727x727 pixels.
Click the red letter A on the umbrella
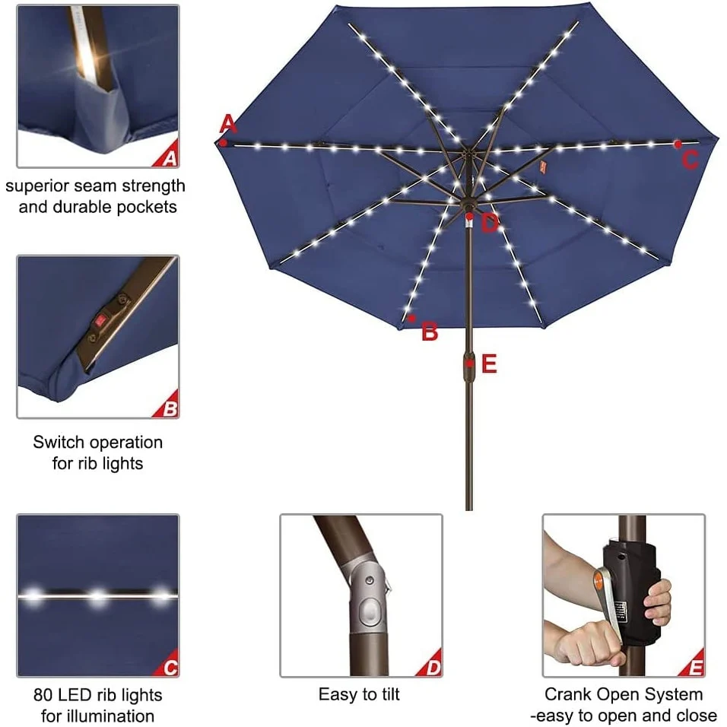[x=227, y=124]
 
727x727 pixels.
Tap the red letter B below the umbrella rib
[x=430, y=332]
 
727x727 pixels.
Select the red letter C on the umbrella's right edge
[x=690, y=160]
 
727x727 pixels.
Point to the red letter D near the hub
[x=490, y=224]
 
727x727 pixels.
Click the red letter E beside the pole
[x=489, y=364]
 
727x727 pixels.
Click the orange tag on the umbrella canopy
[x=543, y=167]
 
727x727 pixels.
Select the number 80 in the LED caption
[x=42, y=695]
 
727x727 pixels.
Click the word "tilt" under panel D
[x=390, y=694]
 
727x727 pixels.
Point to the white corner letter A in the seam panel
[x=170, y=159]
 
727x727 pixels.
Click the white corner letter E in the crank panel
[x=696, y=668]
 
